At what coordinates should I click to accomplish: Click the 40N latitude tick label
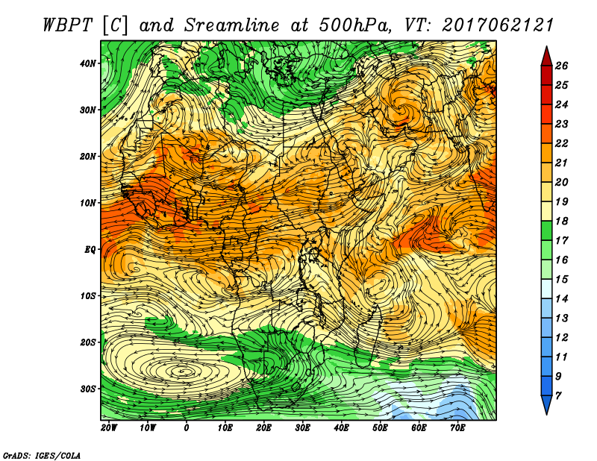coord(88,63)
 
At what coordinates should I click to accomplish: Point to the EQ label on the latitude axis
coord(90,250)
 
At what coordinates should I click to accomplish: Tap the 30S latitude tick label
coord(88,389)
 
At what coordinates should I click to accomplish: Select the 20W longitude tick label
coord(109,428)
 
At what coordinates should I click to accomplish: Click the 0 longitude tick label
coord(186,428)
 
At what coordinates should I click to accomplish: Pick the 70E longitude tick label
coord(457,428)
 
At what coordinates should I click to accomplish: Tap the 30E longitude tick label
coord(302,428)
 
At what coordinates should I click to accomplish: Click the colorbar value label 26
coord(561,66)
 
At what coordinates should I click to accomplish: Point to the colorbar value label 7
coord(558,396)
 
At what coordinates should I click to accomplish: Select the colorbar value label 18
coord(561,221)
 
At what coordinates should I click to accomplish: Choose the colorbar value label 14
coord(561,299)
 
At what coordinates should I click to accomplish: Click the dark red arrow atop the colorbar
coord(547,56)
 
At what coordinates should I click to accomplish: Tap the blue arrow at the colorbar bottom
coord(547,405)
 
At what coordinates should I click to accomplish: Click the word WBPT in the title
coord(67,25)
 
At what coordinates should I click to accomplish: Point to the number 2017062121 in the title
coord(498,25)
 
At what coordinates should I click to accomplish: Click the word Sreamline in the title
coord(232,25)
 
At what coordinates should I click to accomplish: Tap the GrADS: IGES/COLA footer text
coord(42,456)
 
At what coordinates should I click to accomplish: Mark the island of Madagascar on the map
coord(368,336)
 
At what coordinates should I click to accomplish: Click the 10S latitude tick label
coord(88,296)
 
